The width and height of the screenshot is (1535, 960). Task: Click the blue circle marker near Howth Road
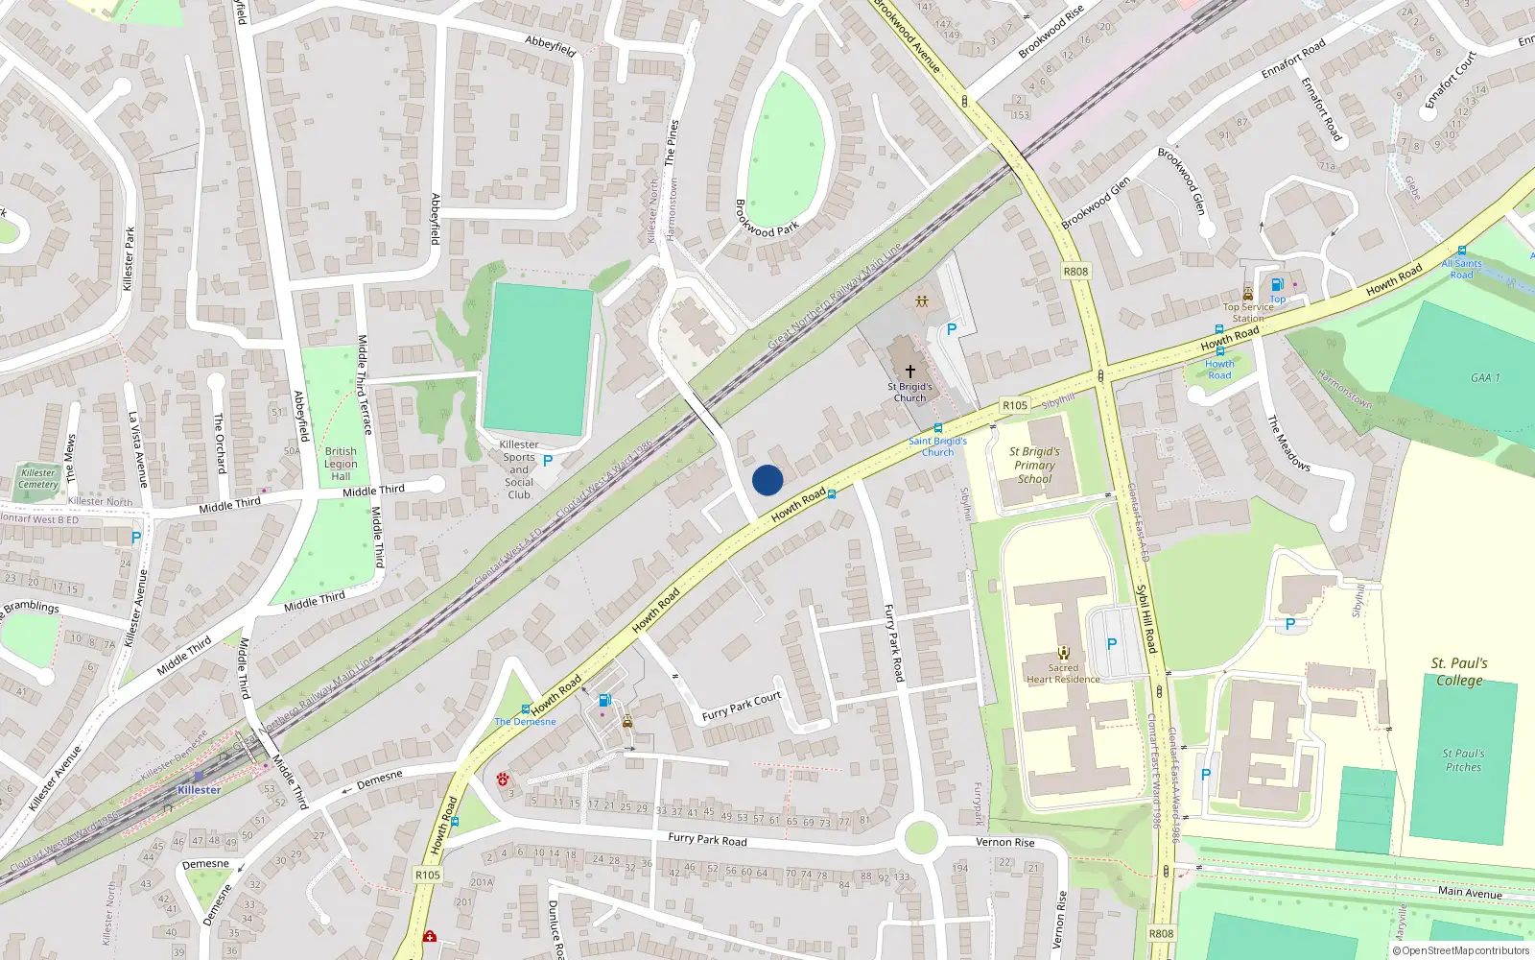767,480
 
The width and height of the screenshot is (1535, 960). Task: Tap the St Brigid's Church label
909,393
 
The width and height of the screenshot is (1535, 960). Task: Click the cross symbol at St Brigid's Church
909,371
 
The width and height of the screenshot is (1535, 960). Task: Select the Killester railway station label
199,790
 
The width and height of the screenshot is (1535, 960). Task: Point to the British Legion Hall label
341,464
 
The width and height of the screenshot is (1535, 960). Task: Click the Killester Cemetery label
38,478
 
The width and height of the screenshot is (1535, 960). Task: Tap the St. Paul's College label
1458,672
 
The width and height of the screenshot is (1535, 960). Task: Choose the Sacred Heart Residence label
1063,673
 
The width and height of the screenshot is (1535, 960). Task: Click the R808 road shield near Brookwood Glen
1075,272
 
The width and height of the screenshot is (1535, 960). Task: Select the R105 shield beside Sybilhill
1014,405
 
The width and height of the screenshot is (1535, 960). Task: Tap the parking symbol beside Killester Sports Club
548,461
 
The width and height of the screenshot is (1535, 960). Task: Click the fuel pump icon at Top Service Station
1277,284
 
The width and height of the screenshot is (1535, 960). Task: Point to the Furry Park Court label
741,707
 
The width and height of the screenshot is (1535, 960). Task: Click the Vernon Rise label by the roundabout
1004,842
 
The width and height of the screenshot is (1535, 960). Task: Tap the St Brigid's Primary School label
1034,465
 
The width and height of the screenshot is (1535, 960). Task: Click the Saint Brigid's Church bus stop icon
937,428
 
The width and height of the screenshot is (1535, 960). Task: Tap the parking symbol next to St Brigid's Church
952,329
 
